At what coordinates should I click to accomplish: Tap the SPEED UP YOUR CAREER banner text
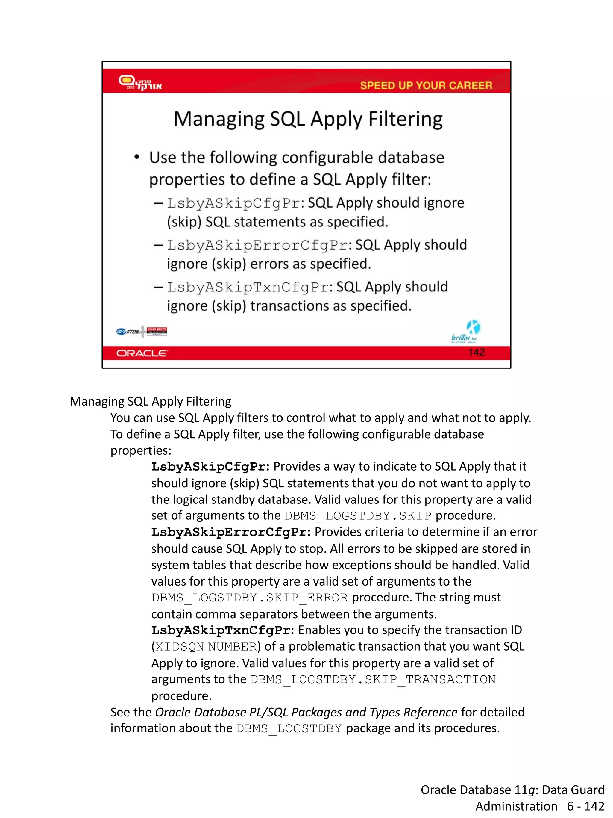click(x=426, y=85)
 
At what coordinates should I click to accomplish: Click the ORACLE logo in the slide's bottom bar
click(x=142, y=353)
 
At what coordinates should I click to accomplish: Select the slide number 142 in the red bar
click(x=476, y=352)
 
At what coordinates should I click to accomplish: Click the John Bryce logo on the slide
click(x=157, y=331)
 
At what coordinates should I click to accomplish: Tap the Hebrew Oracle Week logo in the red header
click(x=140, y=82)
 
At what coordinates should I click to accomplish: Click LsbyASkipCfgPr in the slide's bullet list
click(x=233, y=203)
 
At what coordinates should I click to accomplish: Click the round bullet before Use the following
click(x=137, y=158)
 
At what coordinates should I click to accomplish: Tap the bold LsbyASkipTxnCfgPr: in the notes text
click(x=222, y=630)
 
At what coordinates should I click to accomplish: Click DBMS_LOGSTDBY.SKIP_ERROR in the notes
click(x=249, y=598)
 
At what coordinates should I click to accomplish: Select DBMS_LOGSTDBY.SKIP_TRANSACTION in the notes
click(x=372, y=679)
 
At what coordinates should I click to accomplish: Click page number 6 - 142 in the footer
click(x=585, y=806)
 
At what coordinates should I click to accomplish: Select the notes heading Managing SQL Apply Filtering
click(x=150, y=402)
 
